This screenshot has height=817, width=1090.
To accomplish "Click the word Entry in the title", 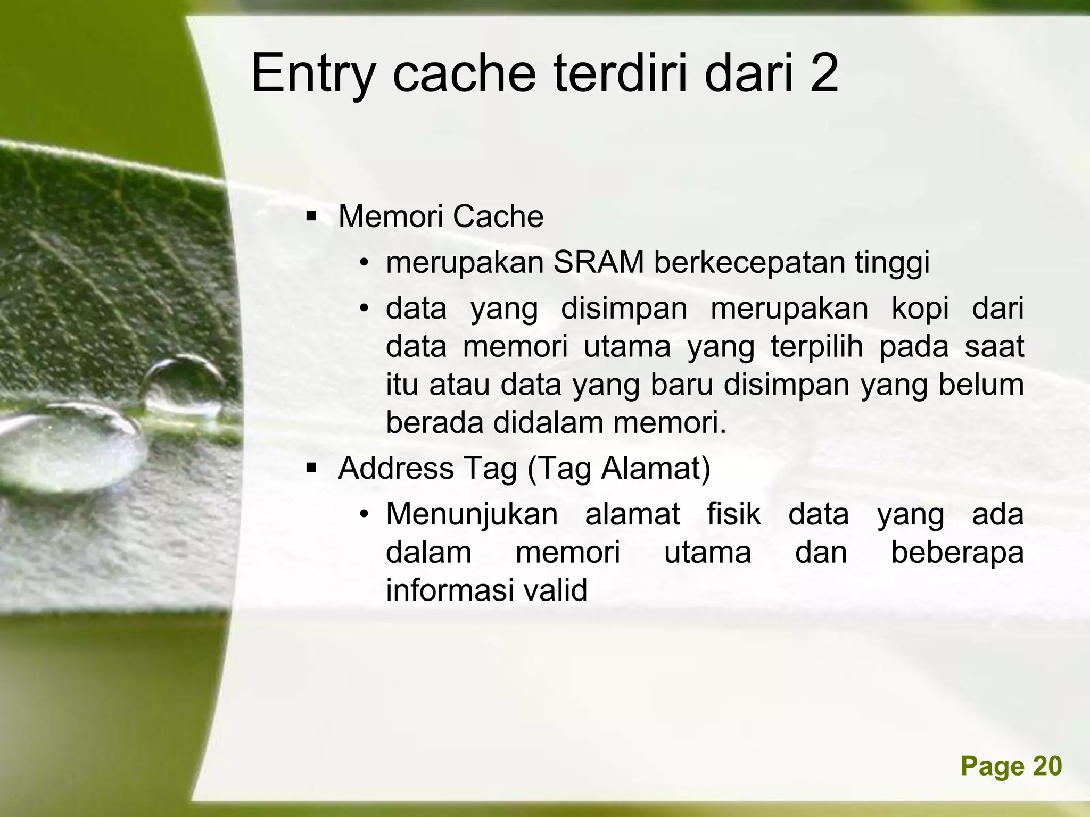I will (x=313, y=74).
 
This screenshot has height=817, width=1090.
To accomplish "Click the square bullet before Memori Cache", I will (x=311, y=216).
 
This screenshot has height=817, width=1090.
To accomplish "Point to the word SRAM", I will (x=599, y=262).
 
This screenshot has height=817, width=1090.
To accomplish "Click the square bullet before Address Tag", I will (x=311, y=468).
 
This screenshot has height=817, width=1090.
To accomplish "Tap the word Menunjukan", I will (x=472, y=515).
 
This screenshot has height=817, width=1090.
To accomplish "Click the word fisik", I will (x=733, y=515).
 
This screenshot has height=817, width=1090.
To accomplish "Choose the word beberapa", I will (x=957, y=552).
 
